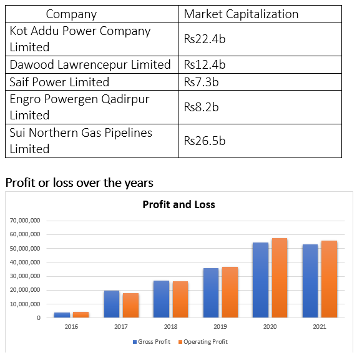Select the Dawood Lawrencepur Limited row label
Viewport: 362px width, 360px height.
90,64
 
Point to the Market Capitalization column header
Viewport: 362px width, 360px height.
241,14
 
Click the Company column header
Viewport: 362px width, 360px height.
71,14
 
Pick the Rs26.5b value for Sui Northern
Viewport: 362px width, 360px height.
205,141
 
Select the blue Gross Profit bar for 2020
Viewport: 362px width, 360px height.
261,280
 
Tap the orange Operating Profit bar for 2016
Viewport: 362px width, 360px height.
81,314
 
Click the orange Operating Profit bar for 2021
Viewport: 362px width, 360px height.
329,279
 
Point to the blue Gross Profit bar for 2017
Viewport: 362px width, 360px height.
112,304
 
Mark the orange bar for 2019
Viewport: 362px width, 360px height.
230,292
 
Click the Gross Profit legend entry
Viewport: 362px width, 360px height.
152,342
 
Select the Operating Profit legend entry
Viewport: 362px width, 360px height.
203,342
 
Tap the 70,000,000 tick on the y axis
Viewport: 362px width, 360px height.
25,221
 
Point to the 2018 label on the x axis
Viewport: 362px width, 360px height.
170,327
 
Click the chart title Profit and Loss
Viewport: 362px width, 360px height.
179,204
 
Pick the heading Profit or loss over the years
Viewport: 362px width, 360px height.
79,182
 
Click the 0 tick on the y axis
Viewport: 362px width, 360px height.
39,318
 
